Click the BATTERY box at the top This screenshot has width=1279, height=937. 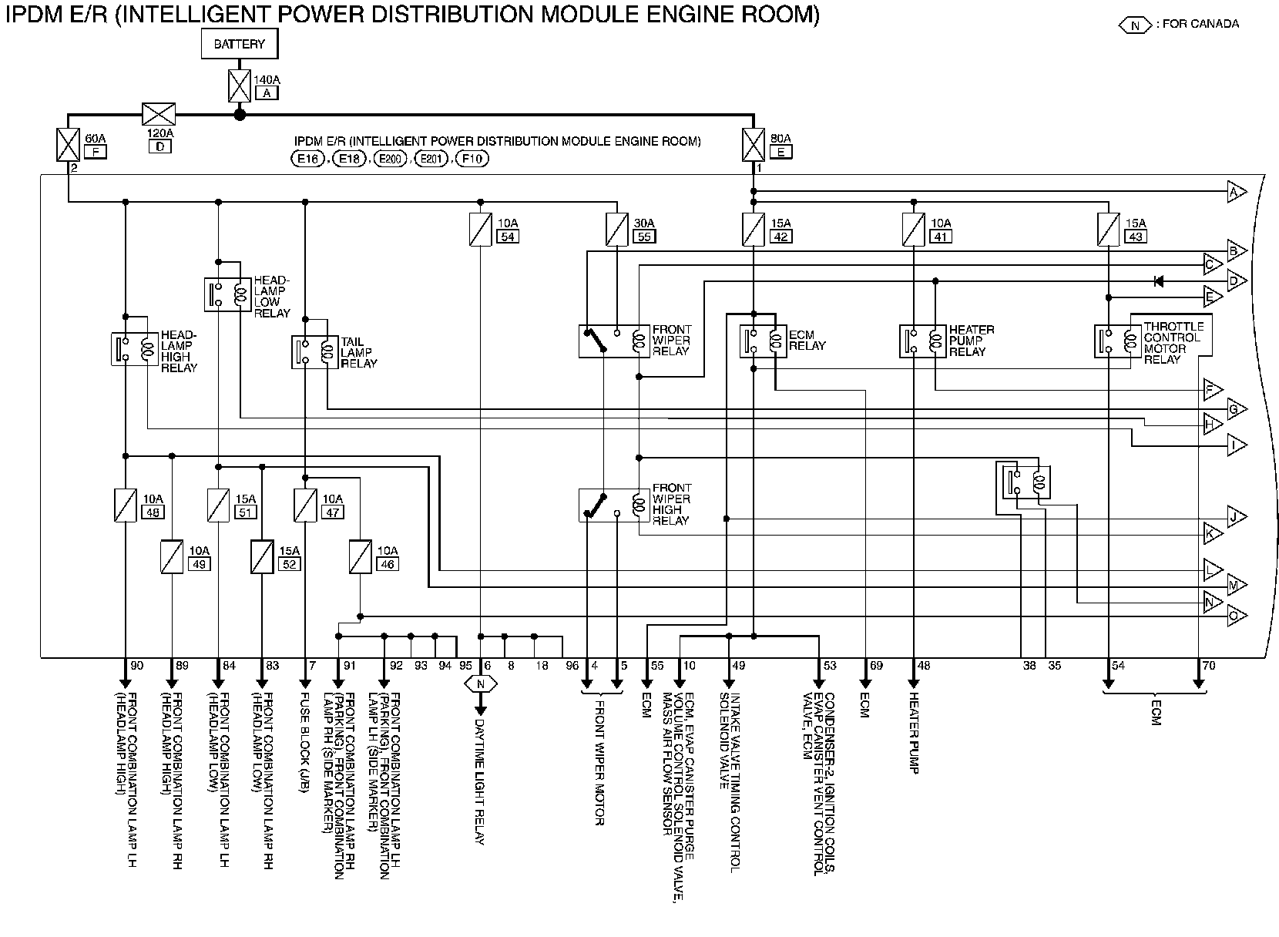tap(239, 44)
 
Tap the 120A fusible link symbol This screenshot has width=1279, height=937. tap(159, 114)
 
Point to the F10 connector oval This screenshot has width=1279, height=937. tap(472, 159)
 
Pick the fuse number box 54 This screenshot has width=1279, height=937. tap(506, 237)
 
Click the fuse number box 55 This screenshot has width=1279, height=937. tap(643, 237)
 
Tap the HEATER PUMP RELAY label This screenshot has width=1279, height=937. tap(971, 341)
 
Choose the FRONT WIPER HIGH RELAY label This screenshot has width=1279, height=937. tap(672, 504)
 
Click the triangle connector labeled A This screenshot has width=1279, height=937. tap(1237, 192)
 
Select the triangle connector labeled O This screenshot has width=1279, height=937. tap(1237, 615)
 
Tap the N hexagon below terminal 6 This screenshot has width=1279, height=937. tap(481, 683)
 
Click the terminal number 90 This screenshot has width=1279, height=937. tap(137, 666)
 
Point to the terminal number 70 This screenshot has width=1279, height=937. tap(1209, 666)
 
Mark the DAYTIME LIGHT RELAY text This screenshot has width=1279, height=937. tap(480, 784)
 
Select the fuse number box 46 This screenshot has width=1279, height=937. tap(387, 564)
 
